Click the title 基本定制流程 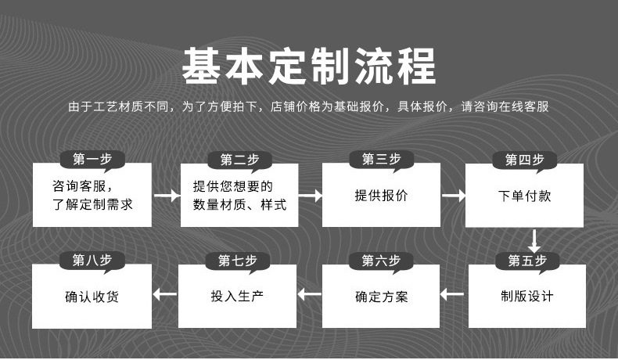point(308,66)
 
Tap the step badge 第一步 point(92,160)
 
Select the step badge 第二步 point(239,160)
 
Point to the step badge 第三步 point(381,160)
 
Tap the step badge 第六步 point(381,260)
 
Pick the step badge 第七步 point(238,260)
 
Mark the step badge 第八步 point(92,260)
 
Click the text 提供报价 point(381,196)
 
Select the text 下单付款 point(524,196)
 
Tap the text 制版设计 point(527,297)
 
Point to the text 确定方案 point(381,297)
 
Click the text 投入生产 point(237,297)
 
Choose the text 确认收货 point(92,297)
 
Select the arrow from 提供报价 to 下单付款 point(453,196)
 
